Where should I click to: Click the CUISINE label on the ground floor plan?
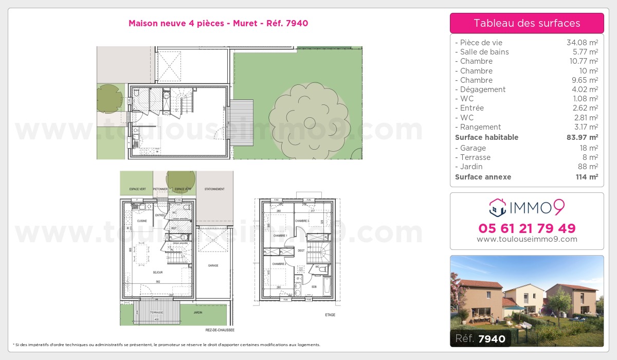(141, 221)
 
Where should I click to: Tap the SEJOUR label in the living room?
(158, 272)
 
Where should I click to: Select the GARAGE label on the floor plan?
(213, 266)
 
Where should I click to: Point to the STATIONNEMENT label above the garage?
(214, 189)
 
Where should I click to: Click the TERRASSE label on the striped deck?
(156, 312)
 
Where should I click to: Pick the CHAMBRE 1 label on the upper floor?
(280, 235)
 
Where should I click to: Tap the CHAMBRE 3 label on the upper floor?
(302, 221)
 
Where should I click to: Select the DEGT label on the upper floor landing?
(301, 250)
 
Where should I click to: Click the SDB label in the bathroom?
(314, 286)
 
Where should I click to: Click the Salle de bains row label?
(484, 52)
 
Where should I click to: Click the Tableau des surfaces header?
(527, 23)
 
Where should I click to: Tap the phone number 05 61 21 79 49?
(527, 228)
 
